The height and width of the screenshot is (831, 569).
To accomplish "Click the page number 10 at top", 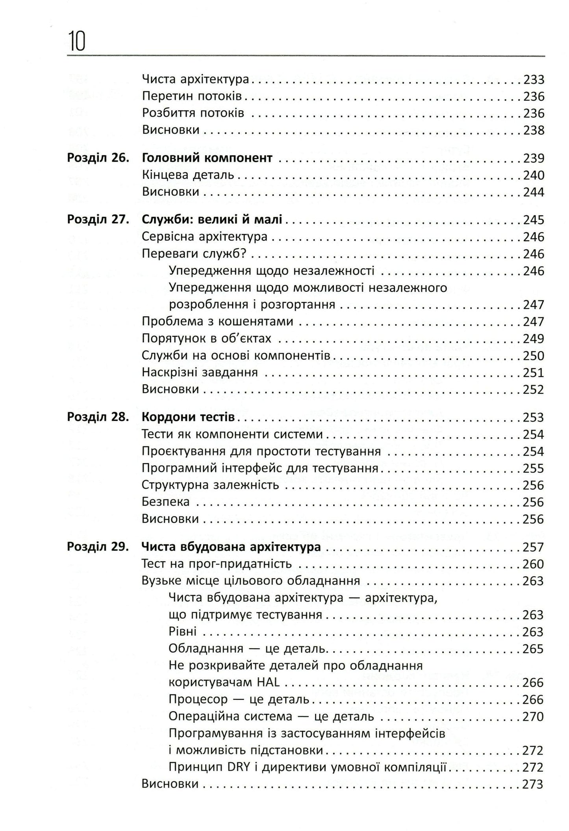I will point(77,42).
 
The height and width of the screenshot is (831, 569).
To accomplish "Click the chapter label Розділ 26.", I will point(98,158).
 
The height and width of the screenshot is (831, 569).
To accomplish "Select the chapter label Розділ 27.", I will point(98,220).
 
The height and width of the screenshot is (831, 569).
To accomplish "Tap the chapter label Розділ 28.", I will point(98,417).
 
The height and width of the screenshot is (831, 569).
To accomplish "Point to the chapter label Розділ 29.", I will point(98,547).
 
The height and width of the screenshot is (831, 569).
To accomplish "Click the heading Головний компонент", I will point(207,158).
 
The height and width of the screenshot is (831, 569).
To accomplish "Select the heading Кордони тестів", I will point(188,417).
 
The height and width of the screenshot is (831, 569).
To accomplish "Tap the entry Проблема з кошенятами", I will point(217,321).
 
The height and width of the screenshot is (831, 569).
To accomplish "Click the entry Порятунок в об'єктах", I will point(206,339).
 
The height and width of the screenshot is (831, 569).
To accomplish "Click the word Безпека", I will point(165,502).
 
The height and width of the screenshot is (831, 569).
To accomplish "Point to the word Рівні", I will point(182,632).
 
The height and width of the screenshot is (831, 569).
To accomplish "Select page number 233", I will point(534,80).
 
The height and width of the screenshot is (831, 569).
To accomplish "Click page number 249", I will point(534,339).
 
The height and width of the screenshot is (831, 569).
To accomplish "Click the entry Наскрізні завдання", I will point(200,372).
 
